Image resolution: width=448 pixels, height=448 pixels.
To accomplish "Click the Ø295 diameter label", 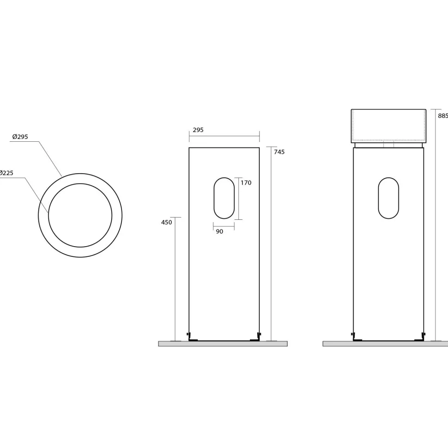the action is [x=20, y=137].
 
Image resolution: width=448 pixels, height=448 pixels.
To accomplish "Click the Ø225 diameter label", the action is [x=6, y=173].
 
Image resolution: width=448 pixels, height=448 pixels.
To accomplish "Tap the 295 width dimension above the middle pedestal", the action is [x=198, y=130].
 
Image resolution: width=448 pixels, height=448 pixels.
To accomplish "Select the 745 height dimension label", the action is [x=279, y=152].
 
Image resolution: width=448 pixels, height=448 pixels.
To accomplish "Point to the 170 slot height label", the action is [x=246, y=182].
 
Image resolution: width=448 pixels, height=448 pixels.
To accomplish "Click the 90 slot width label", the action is [x=219, y=231].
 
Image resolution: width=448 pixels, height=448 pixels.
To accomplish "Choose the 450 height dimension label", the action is [x=167, y=222].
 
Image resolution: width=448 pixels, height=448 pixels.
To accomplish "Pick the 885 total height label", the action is [x=443, y=116].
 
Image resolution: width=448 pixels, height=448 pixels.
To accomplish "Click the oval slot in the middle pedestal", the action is [x=224, y=178].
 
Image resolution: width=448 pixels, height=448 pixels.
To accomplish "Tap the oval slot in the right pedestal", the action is [x=388, y=178].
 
